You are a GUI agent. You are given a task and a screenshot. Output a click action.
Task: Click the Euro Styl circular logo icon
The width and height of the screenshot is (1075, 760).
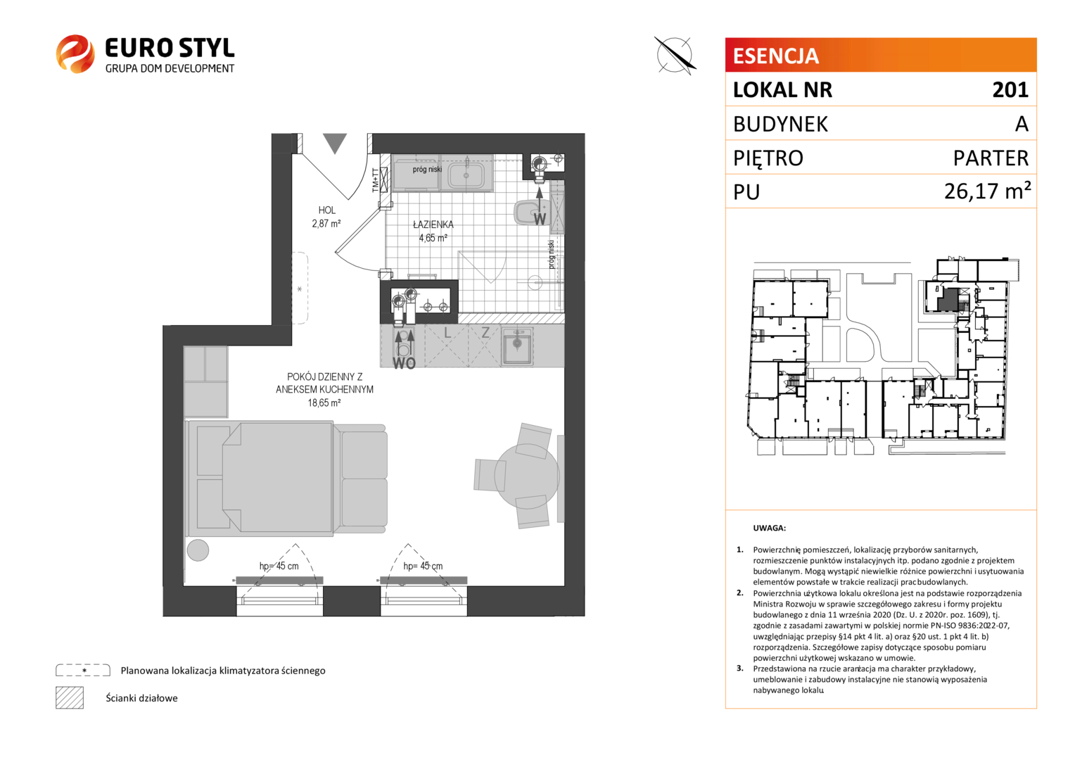(x=75, y=53)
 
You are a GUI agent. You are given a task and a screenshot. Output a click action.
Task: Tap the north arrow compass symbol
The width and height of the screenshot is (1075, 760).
(x=675, y=56)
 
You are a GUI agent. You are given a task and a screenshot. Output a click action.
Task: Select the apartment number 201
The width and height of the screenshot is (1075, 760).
(x=1010, y=90)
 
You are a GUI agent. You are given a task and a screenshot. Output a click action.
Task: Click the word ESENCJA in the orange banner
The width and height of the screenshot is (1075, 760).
(x=775, y=56)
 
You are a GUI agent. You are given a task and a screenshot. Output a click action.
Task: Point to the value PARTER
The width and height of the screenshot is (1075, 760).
(x=991, y=158)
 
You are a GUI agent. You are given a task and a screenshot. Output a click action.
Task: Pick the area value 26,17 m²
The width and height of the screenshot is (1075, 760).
(x=988, y=191)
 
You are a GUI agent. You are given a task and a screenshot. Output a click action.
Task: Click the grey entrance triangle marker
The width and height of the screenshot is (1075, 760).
(x=334, y=144)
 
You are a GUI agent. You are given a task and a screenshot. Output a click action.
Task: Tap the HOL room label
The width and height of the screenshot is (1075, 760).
(x=327, y=210)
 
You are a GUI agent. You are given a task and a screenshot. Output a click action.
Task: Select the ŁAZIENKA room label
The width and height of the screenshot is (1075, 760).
(x=433, y=224)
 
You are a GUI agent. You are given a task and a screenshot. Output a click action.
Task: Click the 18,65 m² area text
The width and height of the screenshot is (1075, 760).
(x=324, y=403)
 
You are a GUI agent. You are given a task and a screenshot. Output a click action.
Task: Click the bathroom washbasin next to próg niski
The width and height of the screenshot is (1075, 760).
(x=466, y=175)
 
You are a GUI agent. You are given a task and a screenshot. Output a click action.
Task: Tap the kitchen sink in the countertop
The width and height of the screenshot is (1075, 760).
(x=517, y=346)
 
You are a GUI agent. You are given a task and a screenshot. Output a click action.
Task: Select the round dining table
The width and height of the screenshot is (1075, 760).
(x=527, y=476)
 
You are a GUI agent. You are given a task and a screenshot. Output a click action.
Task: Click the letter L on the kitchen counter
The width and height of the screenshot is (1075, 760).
(x=447, y=333)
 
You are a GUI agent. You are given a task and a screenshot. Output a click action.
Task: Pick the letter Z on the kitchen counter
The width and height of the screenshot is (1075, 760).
(x=485, y=333)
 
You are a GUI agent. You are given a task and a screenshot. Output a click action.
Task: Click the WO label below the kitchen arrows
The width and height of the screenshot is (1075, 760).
(x=404, y=363)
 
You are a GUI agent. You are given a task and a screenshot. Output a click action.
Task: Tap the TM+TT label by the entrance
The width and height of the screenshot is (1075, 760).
(x=375, y=181)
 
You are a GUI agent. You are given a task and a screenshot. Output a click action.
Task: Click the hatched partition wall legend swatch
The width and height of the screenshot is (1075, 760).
(x=70, y=697)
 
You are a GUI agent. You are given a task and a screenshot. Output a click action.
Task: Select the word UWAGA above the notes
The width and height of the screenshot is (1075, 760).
(x=769, y=528)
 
